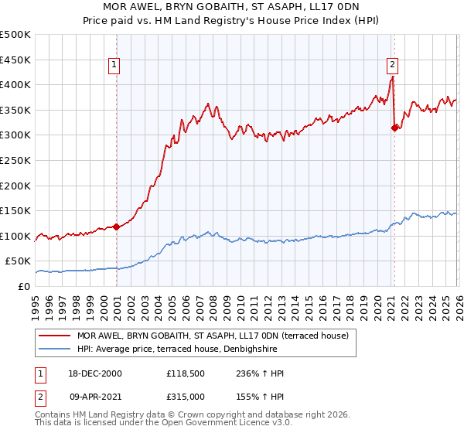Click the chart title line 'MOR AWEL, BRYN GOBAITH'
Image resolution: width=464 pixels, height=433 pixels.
point(231,8)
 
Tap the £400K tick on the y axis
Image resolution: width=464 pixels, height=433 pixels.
point(15,85)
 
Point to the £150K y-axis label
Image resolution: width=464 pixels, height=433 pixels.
point(15,210)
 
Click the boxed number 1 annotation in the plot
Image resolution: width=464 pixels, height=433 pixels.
point(114,65)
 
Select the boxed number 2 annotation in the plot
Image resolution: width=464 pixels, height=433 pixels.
point(393,65)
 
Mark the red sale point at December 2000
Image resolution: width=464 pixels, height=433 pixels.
point(117,227)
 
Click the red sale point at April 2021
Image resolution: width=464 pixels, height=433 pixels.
point(395,128)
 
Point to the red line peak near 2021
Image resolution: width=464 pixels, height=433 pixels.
point(393,77)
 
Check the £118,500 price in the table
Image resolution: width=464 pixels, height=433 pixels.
point(184,373)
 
